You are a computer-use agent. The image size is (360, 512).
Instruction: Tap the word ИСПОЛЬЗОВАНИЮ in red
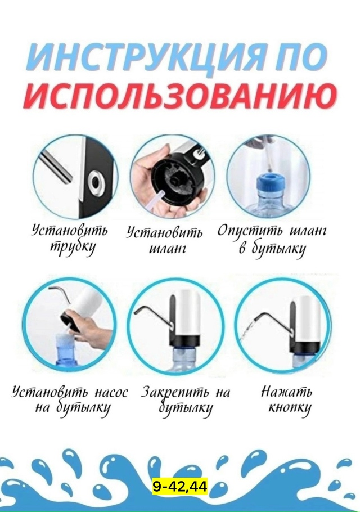click(180, 97)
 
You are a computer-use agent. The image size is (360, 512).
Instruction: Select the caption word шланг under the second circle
click(165, 249)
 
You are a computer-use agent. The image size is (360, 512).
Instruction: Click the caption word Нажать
click(286, 391)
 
